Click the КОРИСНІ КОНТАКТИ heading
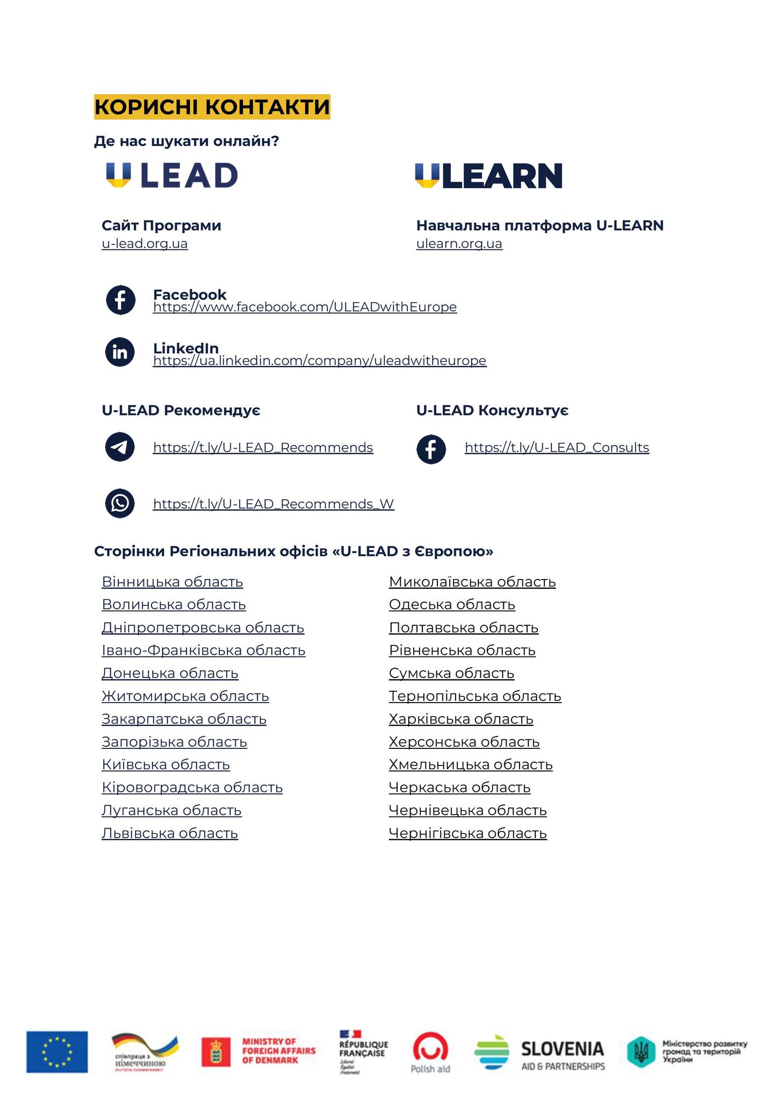point(212,106)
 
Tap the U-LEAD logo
point(171,175)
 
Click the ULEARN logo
point(488,176)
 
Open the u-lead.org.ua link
point(145,244)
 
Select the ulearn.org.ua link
point(459,244)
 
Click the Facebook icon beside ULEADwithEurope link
point(120,300)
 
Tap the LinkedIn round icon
point(120,352)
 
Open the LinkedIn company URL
point(320,360)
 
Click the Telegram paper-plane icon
point(120,447)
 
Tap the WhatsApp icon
point(120,503)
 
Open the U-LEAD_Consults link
point(557,447)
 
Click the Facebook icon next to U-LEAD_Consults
point(431,449)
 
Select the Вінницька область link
point(172,582)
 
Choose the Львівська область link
point(170,833)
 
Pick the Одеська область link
point(452,604)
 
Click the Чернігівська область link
point(467,833)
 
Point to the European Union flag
point(57,1052)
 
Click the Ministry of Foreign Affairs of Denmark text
point(278,1050)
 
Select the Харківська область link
point(461,719)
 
